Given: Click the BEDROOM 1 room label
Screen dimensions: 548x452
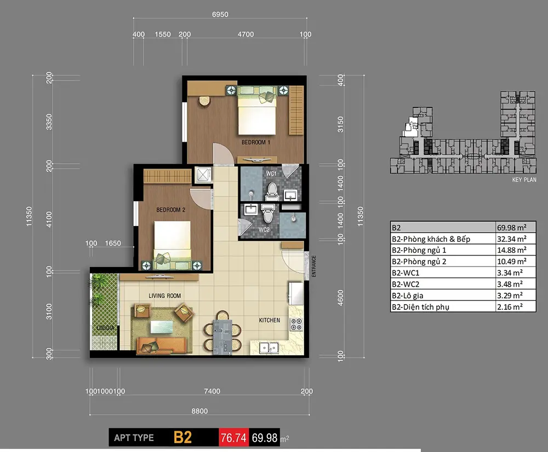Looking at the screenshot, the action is click(x=255, y=142).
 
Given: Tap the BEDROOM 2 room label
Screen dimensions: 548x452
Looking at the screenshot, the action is click(x=170, y=210).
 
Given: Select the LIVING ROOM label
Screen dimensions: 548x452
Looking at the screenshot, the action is click(x=164, y=295).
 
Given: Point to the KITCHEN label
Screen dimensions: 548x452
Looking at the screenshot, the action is click(x=270, y=320).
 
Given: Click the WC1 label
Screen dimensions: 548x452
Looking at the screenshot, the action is click(x=271, y=173).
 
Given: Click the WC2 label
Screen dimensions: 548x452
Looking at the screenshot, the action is click(x=264, y=230).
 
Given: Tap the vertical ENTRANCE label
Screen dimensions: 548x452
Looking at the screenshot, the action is click(x=313, y=266).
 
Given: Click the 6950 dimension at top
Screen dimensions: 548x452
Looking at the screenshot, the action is click(x=220, y=14).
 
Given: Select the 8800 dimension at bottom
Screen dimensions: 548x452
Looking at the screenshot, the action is click(x=199, y=411).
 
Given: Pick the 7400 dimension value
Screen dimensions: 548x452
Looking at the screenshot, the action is click(x=212, y=391).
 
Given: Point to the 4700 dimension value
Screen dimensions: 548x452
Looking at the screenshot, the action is click(x=246, y=34).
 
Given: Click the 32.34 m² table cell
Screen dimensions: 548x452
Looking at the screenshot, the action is click(x=512, y=239).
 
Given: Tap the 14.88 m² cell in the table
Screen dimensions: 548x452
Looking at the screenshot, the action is click(x=512, y=250).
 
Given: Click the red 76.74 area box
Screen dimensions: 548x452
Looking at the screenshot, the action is click(x=234, y=437).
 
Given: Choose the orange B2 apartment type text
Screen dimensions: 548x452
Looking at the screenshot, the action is click(x=182, y=437).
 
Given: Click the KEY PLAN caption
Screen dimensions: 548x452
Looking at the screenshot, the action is click(x=524, y=179).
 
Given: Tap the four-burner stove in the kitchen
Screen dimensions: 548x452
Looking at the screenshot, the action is click(x=296, y=324).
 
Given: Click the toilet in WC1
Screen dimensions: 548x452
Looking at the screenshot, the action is click(x=272, y=192).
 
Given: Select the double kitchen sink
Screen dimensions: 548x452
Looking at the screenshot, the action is click(x=269, y=347).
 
